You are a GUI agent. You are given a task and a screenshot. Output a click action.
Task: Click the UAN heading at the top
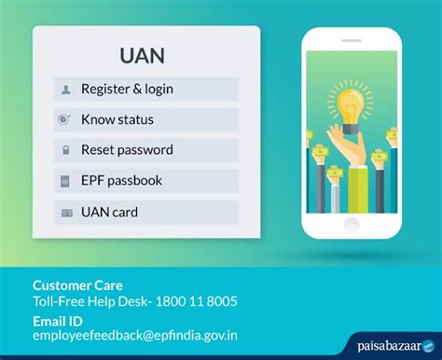143,55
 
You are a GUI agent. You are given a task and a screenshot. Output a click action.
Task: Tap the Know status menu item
117,119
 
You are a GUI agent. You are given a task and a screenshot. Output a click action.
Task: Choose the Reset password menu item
127,149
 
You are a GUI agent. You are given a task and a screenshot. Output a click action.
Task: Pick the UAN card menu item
110,212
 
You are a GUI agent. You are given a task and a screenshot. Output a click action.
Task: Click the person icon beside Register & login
65,90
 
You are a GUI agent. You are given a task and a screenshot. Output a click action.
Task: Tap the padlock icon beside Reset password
65,150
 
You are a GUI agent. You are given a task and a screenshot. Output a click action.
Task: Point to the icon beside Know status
65,119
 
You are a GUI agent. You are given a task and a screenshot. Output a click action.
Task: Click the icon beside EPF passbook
65,181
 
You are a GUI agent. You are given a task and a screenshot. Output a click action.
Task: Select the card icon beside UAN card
65,213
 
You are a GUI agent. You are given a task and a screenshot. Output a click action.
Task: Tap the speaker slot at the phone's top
358,35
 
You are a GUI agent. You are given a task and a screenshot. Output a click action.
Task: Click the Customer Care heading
77,284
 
